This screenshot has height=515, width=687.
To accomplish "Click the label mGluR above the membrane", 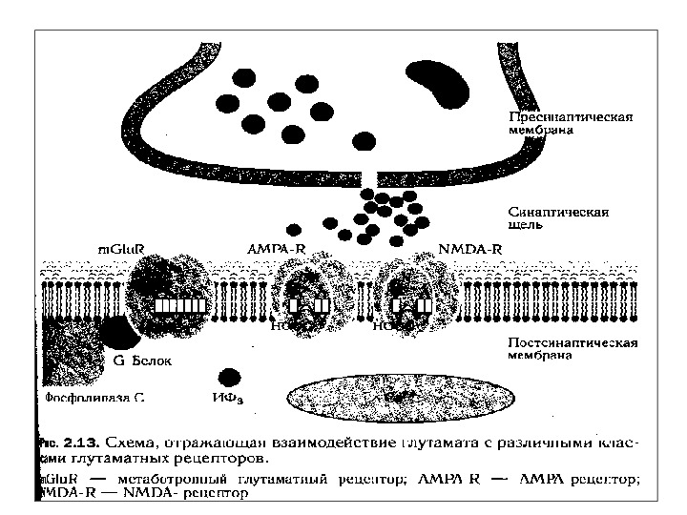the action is tap(121, 250).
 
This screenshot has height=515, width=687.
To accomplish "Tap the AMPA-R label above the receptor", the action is tap(275, 249).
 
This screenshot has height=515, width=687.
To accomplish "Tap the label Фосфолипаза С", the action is tap(94, 393).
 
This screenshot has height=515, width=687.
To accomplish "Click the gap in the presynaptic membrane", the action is tap(370, 178).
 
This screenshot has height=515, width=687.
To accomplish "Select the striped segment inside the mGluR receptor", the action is tap(180, 306).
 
